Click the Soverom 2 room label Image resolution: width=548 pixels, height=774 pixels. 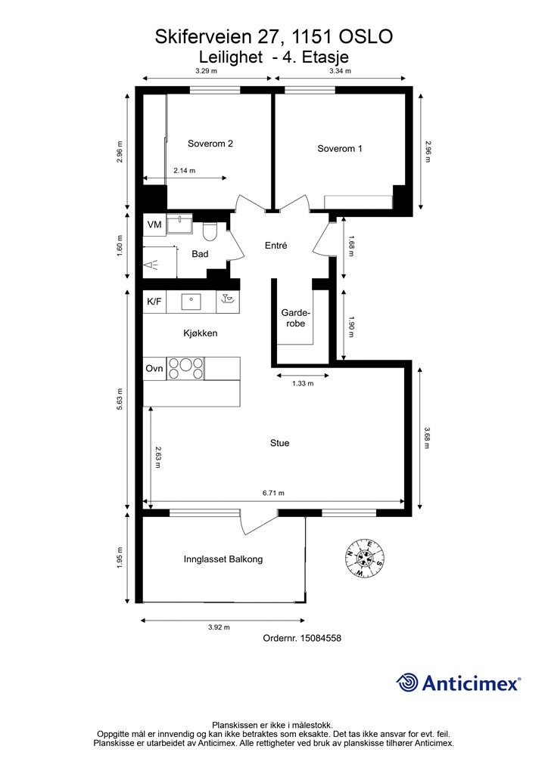click(x=210, y=144)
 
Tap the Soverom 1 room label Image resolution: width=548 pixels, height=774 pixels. click(x=340, y=148)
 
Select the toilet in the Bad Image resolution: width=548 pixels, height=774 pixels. click(x=210, y=231)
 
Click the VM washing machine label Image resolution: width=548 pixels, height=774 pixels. click(x=154, y=224)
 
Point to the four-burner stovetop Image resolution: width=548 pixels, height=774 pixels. click(x=185, y=368)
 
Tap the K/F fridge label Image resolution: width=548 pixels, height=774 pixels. click(x=154, y=301)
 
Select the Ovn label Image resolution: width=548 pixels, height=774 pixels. click(x=154, y=368)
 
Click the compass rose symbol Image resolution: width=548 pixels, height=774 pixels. click(x=365, y=558)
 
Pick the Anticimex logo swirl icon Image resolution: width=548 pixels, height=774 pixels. click(x=407, y=683)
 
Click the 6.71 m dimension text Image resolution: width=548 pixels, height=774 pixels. click(x=273, y=493)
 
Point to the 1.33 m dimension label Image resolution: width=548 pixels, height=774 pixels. click(x=303, y=383)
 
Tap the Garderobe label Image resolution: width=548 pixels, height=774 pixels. click(x=295, y=318)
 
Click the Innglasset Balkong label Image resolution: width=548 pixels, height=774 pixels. click(x=223, y=559)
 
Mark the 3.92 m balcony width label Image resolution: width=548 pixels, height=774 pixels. click(x=219, y=627)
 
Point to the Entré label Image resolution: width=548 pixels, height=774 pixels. click(x=276, y=246)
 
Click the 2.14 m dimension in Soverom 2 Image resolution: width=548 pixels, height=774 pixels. click(x=185, y=171)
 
